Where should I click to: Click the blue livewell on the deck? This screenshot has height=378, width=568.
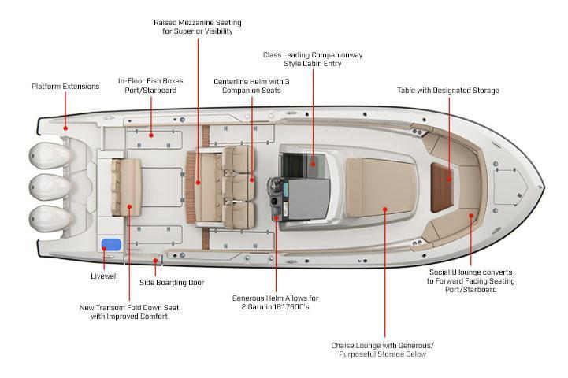(x=111, y=245)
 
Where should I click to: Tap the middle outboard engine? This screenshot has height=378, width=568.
(x=50, y=187)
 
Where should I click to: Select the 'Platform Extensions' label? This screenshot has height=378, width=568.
(x=65, y=87)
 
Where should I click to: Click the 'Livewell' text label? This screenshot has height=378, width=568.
(x=104, y=276)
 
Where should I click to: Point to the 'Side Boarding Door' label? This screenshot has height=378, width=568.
(x=172, y=283)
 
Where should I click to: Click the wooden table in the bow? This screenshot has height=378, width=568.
(x=442, y=187)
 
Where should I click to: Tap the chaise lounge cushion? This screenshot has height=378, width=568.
(x=381, y=187)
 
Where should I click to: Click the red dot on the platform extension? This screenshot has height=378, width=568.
(x=65, y=128)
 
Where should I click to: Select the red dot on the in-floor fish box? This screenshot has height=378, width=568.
(x=151, y=135)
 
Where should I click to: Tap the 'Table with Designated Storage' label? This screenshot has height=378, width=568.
(x=448, y=91)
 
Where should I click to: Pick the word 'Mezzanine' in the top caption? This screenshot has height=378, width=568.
(x=197, y=23)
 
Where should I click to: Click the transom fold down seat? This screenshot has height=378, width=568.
(x=126, y=187)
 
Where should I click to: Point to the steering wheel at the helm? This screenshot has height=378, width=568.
(x=274, y=188)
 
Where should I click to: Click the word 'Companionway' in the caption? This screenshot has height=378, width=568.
(x=337, y=55)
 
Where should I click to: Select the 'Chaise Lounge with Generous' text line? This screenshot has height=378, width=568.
(x=383, y=346)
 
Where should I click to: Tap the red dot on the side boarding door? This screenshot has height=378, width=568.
(x=155, y=261)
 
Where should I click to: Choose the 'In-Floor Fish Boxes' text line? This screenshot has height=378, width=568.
(x=150, y=81)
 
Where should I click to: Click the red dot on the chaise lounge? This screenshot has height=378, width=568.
(x=385, y=209)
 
